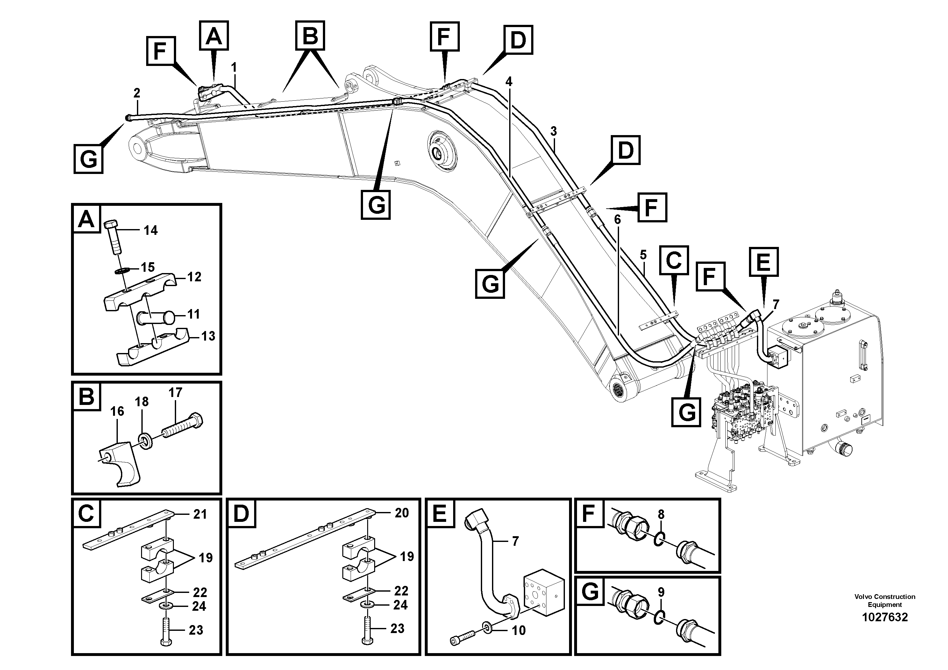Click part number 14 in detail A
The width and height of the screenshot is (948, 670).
point(150,230)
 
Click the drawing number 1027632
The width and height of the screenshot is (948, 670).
point(884,617)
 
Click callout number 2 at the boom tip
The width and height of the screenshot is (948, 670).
point(137,93)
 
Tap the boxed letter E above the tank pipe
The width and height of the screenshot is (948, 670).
point(763,262)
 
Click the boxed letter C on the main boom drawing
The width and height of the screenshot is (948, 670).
point(674,260)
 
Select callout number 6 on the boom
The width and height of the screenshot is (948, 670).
point(617,220)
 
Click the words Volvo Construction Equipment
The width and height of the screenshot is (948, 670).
point(884,600)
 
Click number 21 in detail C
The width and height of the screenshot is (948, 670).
point(200,514)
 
